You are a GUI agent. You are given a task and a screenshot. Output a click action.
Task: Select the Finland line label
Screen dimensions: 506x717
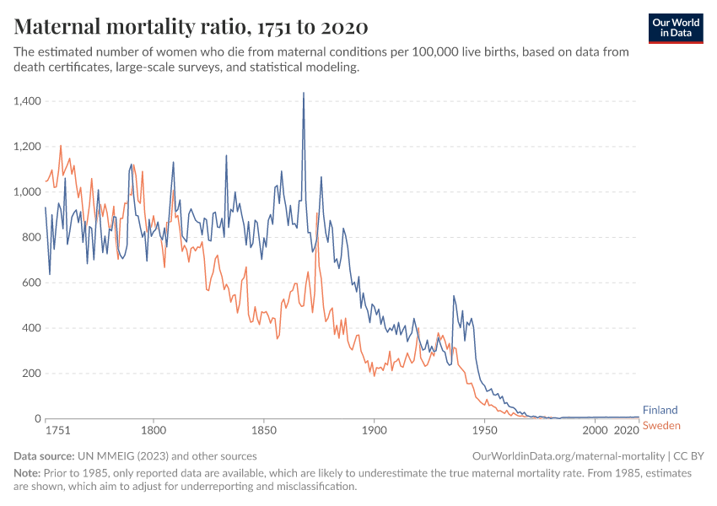click(660, 411)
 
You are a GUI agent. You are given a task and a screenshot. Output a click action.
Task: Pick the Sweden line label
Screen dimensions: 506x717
click(661, 426)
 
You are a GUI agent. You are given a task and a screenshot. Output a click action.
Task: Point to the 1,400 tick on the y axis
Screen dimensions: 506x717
click(28, 101)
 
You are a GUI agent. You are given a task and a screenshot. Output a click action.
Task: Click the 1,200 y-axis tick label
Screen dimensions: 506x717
click(28, 147)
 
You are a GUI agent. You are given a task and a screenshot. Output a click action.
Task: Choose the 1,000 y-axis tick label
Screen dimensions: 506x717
click(28, 192)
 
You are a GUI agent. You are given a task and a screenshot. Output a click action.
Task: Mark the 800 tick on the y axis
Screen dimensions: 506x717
click(32, 237)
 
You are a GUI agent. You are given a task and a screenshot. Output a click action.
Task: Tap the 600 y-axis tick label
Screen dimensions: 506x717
click(32, 283)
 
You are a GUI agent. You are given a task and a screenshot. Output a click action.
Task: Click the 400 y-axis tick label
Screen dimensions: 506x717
click(32, 328)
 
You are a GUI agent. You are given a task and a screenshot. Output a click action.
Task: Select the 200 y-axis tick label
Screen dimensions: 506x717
click(32, 374)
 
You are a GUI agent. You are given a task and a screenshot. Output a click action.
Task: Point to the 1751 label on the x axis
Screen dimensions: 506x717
click(57, 430)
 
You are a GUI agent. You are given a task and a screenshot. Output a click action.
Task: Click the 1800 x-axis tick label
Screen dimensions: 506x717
click(154, 430)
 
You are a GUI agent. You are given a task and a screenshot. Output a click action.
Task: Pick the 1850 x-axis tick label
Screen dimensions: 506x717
click(263, 430)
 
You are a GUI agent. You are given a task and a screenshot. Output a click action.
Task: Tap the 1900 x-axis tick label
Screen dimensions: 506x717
click(374, 430)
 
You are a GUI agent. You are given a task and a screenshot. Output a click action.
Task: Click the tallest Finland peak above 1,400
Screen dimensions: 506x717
click(304, 93)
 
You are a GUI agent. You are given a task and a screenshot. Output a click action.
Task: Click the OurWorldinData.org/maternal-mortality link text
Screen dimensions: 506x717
click(570, 455)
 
